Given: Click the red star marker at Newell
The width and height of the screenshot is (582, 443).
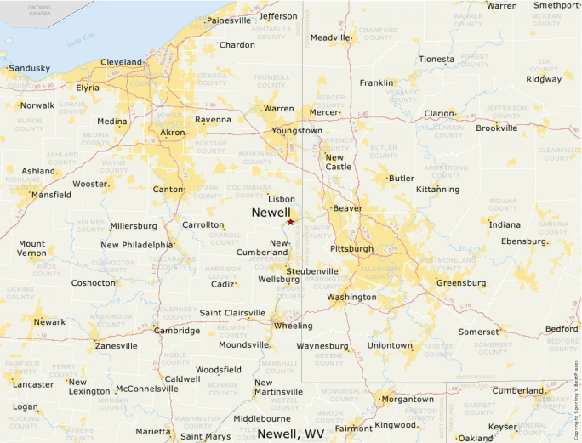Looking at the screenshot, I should pos(290,222).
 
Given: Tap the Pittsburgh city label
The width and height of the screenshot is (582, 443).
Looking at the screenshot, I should pos(351,249).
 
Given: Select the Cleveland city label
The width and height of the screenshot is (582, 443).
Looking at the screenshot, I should pos(122,62).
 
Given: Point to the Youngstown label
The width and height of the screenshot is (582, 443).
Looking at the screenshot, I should pos(297,131).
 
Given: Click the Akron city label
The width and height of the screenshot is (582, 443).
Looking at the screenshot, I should pos(172,133).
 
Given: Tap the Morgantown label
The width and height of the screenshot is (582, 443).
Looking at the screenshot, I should pos(408,399).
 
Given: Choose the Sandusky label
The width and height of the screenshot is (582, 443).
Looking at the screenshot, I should pos(29,68).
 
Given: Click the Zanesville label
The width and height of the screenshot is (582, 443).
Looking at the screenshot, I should pos(116,346).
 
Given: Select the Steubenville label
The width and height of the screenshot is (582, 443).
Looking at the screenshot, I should pos(311,271).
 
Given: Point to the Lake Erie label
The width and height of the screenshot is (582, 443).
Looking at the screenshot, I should pos(80,39).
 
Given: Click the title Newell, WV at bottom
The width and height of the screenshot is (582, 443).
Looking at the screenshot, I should pos(291,434).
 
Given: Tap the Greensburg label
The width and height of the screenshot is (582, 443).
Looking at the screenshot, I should pos(460,282).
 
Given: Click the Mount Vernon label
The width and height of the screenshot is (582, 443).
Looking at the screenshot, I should pos(32,248).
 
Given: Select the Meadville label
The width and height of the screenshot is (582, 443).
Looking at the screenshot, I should pos(330,37).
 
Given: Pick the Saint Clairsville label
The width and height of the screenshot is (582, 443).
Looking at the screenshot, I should pos(232,313).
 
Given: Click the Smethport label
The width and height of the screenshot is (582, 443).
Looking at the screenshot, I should pos(556,5).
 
